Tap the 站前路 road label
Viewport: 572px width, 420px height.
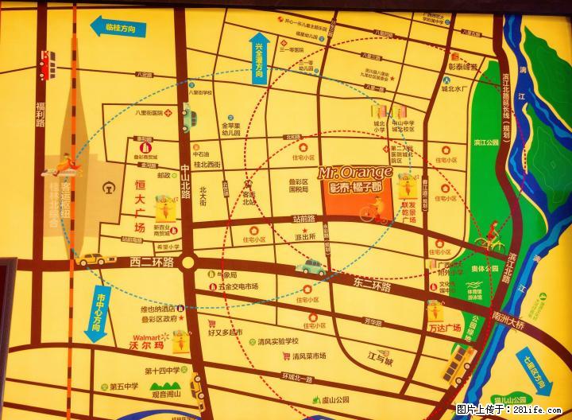click(x=303, y=218)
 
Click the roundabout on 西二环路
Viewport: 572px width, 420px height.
click(x=187, y=262)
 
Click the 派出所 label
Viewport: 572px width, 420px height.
click(x=305, y=236)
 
